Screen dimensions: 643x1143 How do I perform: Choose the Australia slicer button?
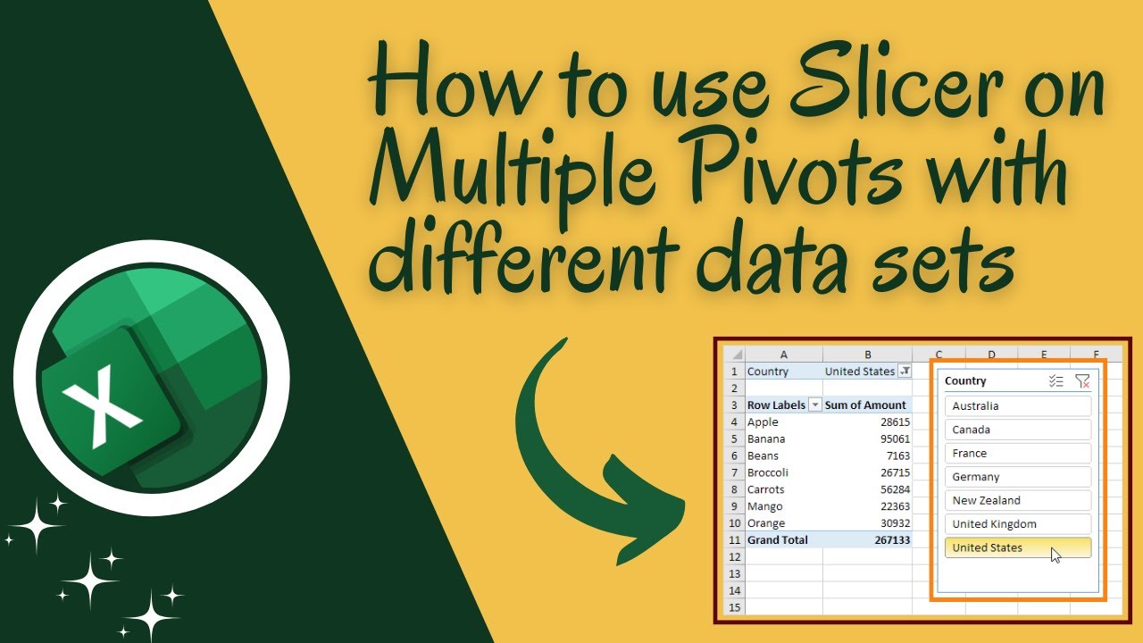pos(1018,406)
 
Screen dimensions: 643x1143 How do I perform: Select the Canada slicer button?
pos(1018,430)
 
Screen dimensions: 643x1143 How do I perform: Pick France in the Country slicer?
pos(1018,454)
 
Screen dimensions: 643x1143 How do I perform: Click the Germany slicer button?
pos(1018,477)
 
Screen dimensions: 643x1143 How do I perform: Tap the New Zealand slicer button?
pos(1018,501)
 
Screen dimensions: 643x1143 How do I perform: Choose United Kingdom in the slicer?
pos(1018,524)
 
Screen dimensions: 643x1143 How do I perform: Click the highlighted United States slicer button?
pos(1018,548)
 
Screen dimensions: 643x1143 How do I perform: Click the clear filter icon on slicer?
pos(1082,381)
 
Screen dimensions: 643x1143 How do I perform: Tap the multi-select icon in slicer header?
pos(1056,381)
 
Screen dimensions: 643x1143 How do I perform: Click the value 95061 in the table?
pos(893,439)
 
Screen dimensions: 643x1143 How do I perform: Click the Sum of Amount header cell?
pos(865,405)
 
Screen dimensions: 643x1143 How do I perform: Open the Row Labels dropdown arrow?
pos(814,405)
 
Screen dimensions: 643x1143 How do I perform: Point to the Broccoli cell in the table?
pos(768,472)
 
